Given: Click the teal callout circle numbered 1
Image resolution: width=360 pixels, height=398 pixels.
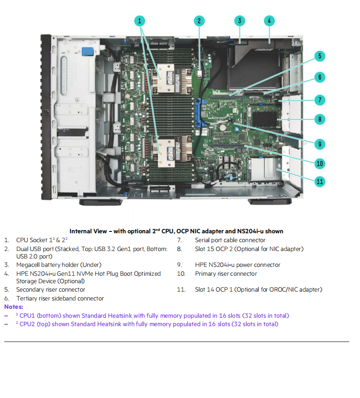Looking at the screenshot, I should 140,21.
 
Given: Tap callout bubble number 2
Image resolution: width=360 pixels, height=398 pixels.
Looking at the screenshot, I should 199,21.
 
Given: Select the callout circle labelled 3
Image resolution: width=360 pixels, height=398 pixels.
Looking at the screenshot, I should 239,21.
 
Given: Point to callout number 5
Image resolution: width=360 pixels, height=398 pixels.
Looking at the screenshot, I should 319,56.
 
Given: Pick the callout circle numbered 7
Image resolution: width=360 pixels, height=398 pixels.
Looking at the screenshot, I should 319,99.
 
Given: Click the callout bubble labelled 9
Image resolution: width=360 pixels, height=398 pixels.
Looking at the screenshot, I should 319,144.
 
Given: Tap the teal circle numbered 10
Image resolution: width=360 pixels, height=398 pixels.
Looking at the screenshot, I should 319,163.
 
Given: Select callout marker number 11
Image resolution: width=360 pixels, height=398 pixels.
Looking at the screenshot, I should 319,181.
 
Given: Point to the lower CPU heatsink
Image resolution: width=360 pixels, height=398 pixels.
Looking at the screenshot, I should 166,149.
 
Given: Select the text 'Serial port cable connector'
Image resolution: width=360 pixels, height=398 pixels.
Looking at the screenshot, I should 230,240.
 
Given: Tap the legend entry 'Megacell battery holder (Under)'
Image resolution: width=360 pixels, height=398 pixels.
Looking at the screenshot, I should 59,265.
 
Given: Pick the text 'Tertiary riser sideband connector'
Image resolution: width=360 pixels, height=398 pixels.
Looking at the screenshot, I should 60,299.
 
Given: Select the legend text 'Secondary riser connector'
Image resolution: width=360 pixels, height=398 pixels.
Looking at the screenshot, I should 51,290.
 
